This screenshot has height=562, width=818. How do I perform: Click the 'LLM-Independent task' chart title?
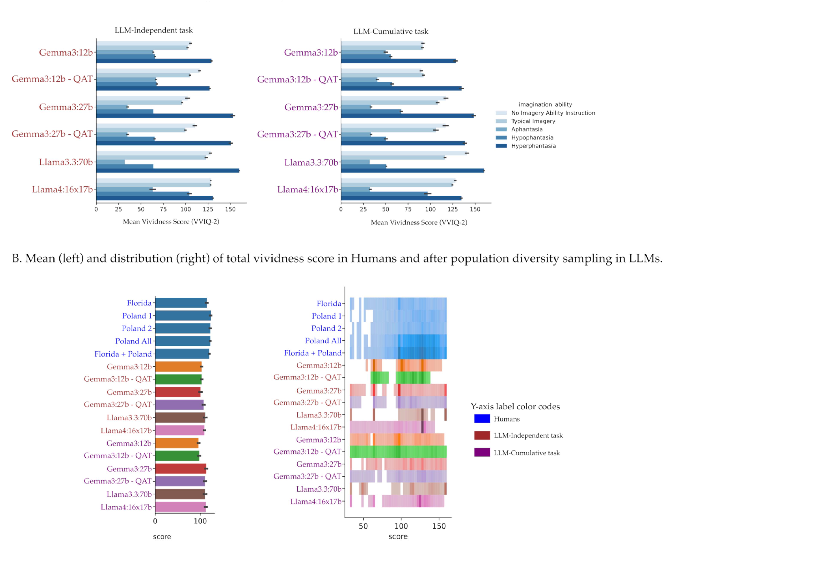click(154, 30)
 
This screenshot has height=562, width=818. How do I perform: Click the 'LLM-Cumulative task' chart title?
click(391, 31)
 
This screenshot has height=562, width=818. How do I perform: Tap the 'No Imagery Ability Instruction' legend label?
click(553, 113)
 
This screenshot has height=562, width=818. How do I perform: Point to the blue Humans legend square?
click(482, 419)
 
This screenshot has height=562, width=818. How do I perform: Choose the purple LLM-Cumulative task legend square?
click(482, 452)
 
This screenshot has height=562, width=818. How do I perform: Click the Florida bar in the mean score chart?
click(181, 303)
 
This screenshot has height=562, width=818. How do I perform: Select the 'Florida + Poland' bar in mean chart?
click(182, 354)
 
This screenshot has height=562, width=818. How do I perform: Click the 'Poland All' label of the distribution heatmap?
click(323, 340)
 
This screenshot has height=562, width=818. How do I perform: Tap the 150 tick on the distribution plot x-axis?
click(439, 526)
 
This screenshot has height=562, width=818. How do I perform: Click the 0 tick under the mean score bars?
click(155, 521)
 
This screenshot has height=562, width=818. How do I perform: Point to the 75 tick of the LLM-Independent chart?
click(163, 209)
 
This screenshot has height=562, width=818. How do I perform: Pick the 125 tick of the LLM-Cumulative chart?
click(453, 209)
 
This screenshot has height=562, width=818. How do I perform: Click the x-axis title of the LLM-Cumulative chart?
click(419, 222)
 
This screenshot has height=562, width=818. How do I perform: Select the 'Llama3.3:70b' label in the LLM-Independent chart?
click(66, 162)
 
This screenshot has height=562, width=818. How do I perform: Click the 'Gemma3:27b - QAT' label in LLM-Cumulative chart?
click(297, 134)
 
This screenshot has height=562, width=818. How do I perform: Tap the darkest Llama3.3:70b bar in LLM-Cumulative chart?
click(412, 171)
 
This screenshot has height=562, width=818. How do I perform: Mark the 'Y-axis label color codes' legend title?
click(515, 406)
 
